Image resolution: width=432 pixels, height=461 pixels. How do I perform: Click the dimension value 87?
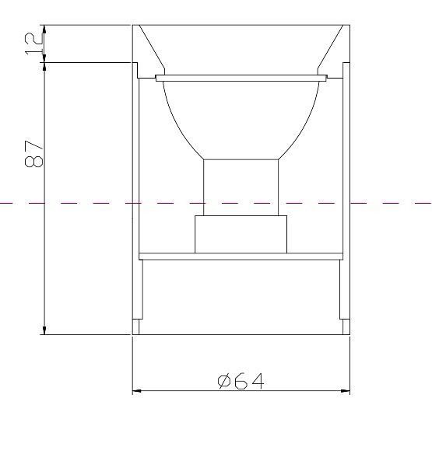33,154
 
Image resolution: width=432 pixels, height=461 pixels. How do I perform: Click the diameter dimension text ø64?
241,381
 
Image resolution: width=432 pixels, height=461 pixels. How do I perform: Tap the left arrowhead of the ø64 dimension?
137,391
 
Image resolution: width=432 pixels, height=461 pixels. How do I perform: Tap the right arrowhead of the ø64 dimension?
346,391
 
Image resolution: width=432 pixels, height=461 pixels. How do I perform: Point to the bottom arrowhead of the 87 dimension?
44,330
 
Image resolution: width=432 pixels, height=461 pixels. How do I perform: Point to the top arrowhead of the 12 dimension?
44,30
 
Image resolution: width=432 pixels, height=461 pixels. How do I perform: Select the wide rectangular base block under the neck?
241,234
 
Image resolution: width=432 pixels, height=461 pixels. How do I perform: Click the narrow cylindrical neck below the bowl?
241,187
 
